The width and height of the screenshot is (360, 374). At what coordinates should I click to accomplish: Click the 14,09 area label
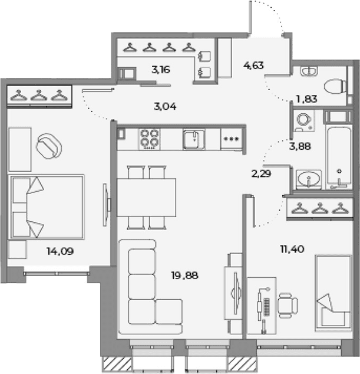pos(60,251)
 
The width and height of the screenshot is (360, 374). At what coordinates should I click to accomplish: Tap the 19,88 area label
pos(184,275)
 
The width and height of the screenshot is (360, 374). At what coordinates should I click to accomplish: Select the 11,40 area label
pos(292,250)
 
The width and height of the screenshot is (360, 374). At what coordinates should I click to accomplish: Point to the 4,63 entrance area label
pos(253,65)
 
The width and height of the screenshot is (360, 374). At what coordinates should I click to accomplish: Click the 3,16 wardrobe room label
pos(161,70)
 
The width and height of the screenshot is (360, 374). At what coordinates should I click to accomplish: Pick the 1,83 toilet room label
pos(306,99)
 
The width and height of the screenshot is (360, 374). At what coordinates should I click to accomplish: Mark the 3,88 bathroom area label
pos(300,146)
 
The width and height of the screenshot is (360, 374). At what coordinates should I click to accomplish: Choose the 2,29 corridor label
pos(261,173)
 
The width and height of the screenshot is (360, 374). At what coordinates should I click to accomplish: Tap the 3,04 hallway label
pos(165,106)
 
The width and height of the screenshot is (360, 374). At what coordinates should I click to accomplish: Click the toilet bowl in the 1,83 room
pos(335,86)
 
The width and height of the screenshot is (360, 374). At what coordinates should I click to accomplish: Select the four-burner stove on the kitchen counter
pos(150,139)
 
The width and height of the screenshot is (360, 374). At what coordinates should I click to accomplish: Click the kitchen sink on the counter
pos(194,139)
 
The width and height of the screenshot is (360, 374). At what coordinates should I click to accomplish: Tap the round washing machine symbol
pos(304,120)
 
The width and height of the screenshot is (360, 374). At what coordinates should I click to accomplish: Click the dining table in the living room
pos(146,197)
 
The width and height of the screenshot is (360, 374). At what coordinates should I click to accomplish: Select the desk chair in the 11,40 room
pos(288,306)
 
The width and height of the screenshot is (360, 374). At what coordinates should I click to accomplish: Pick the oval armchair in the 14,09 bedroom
pos(49,146)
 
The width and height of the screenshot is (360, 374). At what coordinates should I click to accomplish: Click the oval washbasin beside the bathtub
pos(308,179)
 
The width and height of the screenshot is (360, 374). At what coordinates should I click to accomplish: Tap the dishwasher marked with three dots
pos(232,139)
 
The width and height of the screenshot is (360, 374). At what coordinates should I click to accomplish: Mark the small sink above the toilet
pos(309,71)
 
